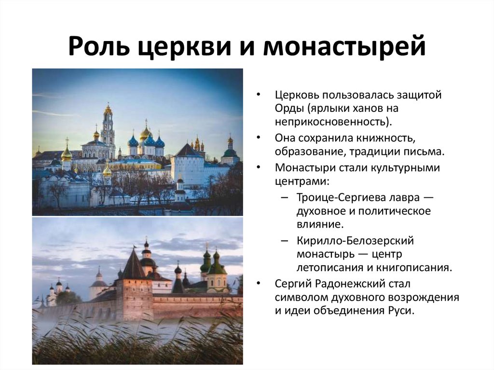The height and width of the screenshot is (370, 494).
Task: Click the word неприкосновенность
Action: [332, 120]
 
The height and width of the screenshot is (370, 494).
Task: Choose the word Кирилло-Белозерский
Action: [356, 241]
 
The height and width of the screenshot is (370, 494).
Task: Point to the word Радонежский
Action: [358, 284]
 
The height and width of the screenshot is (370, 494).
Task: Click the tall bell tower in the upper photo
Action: [108, 128]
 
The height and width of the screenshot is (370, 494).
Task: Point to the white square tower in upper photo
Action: [187, 166]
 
